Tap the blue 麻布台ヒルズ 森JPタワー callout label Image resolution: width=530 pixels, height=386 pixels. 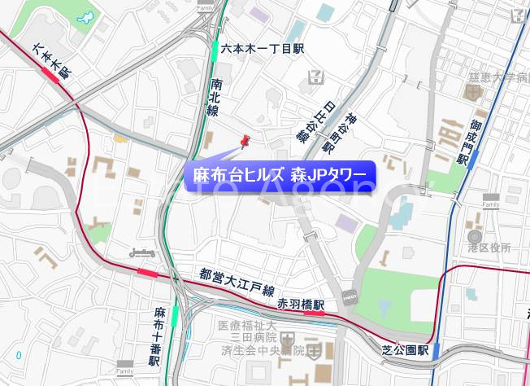tap(280, 175)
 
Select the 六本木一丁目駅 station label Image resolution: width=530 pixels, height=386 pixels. tap(262, 50)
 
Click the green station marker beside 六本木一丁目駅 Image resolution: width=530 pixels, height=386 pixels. tap(215, 50)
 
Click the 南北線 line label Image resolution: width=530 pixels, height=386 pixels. tap(215, 97)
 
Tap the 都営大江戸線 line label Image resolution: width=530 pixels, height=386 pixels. tap(238, 285)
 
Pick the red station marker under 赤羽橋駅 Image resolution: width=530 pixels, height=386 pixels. tap(312, 312)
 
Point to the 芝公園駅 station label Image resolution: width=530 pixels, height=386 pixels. tap(405, 349)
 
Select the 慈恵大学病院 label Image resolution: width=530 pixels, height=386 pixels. tap(498, 77)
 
